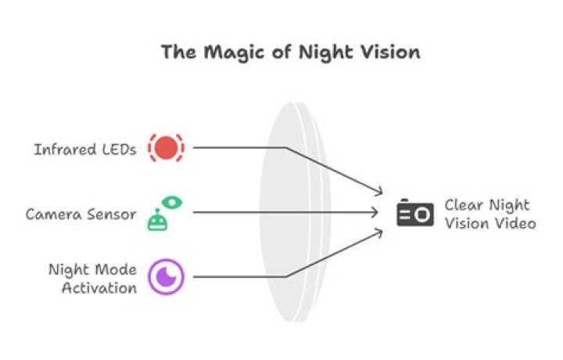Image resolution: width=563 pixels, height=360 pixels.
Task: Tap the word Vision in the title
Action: pyautogui.click(x=386, y=52)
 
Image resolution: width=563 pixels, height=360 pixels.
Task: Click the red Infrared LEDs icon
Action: pyautogui.click(x=166, y=148)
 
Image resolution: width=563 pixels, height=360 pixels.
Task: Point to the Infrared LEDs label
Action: pyautogui.click(x=84, y=149)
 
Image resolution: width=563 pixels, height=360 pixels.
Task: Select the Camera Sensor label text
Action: pyautogui.click(x=81, y=213)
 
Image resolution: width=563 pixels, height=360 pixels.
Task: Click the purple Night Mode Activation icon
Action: pyautogui.click(x=166, y=276)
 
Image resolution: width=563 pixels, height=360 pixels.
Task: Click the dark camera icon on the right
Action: pyautogui.click(x=414, y=213)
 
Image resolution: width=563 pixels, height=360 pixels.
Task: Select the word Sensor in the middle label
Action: pyautogui.click(x=115, y=213)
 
